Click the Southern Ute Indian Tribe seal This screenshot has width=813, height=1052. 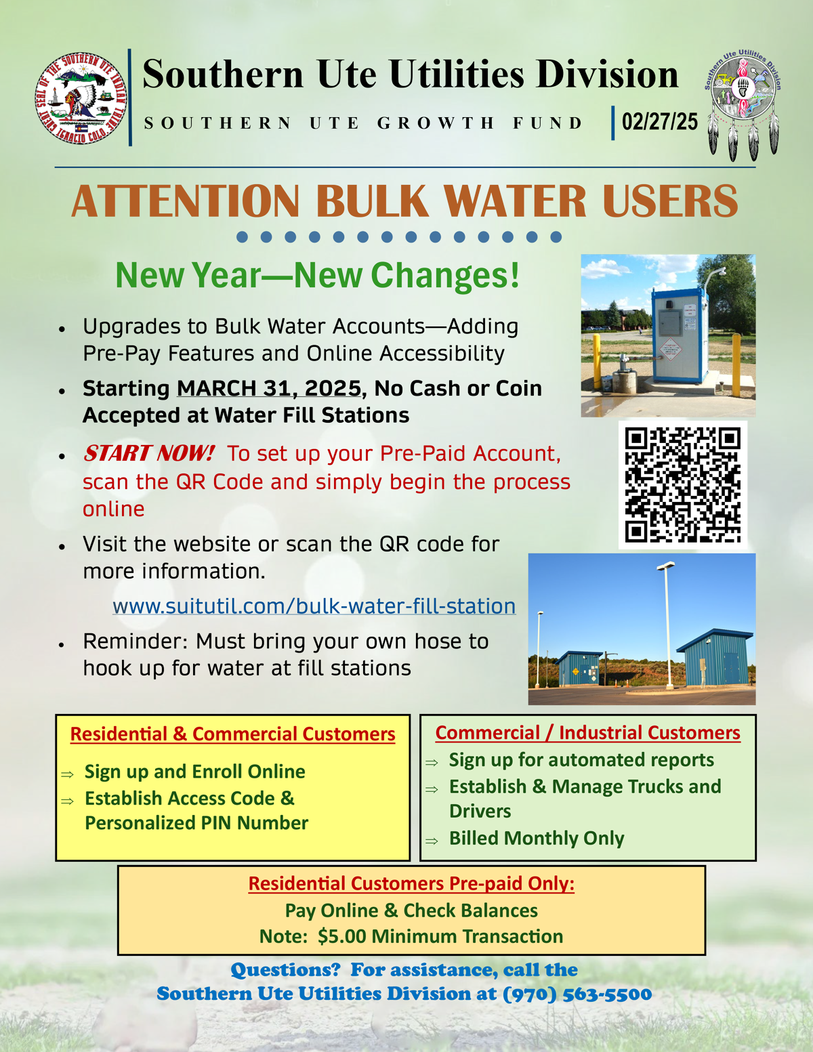tap(81, 98)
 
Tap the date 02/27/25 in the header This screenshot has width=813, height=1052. tap(659, 122)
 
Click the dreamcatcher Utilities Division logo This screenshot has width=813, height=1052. tap(743, 102)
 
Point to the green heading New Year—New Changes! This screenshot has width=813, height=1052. tap(317, 275)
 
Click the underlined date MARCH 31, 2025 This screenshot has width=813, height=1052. tap(269, 388)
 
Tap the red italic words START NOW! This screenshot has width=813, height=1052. tap(148, 453)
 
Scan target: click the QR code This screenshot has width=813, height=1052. tap(682, 484)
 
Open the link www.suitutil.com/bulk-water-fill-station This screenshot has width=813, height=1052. tap(314, 606)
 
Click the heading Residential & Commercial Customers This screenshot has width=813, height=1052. tap(232, 734)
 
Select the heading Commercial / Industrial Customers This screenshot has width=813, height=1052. tap(587, 733)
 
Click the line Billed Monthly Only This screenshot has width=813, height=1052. tap(537, 839)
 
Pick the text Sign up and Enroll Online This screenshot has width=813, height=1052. tap(194, 772)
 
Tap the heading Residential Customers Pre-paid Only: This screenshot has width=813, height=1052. tap(411, 883)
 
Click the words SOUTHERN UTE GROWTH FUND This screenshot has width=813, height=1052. tap(363, 123)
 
